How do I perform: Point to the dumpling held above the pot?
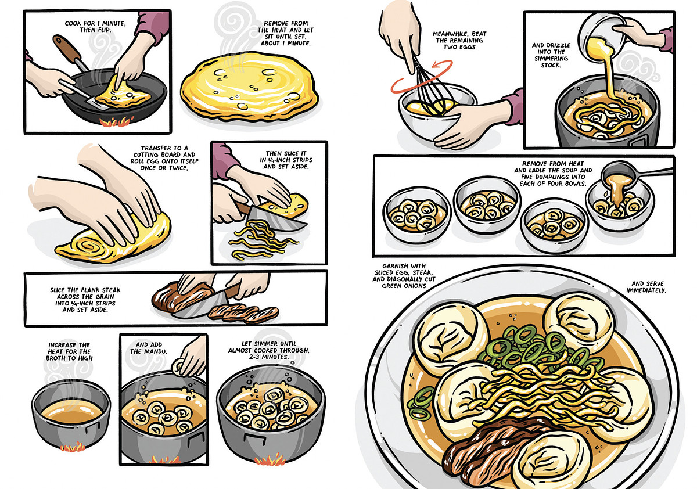click(178, 367)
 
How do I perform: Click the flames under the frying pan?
click(116, 121)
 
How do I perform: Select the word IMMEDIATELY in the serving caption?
click(646, 290)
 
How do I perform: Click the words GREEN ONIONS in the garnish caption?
click(404, 286)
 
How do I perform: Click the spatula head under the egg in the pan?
click(99, 103)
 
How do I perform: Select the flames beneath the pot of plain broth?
click(72, 448)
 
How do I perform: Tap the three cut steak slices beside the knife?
click(243, 312)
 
